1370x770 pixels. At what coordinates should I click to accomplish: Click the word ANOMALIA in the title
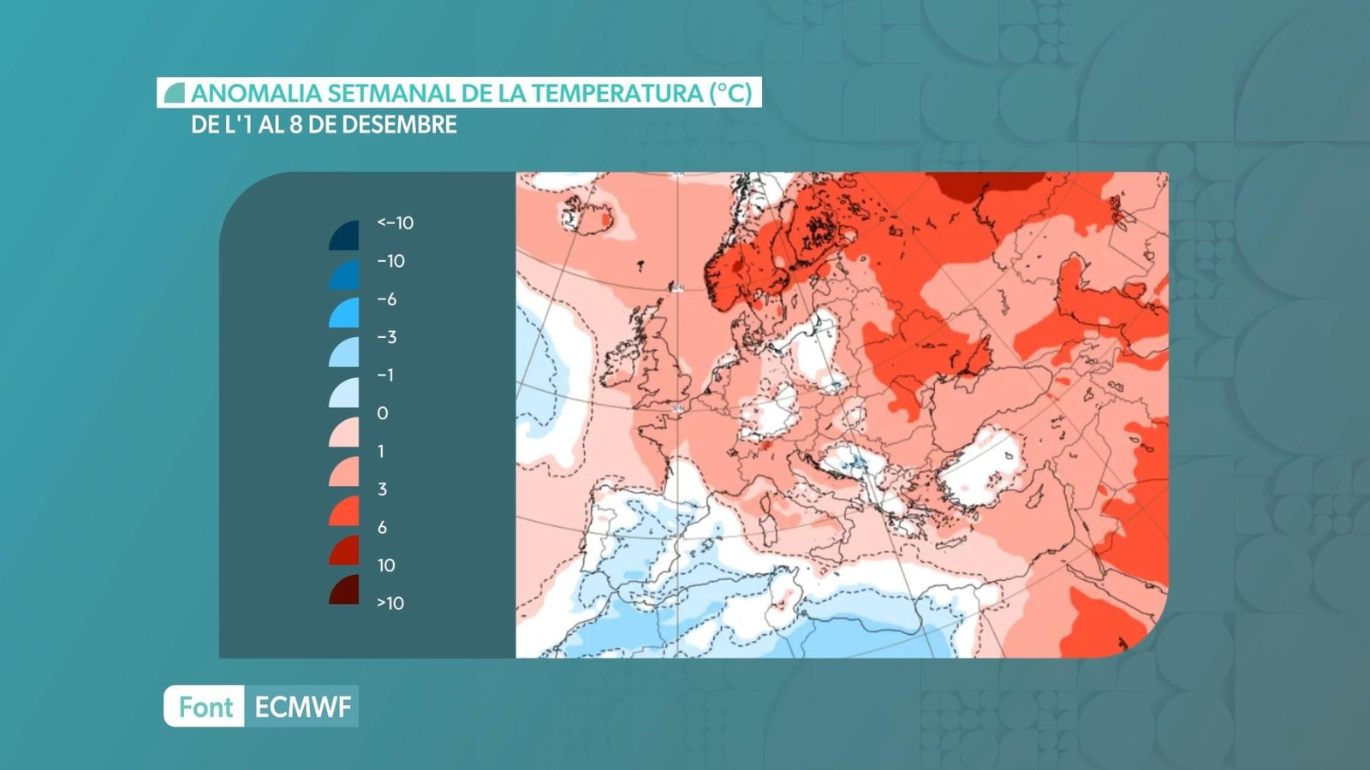tap(255, 93)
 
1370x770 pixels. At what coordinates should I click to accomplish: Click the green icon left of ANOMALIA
tap(175, 93)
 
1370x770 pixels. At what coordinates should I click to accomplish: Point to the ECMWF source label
tap(302, 707)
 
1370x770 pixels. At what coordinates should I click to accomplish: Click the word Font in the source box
tap(205, 707)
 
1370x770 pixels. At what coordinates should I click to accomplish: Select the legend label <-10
tap(395, 223)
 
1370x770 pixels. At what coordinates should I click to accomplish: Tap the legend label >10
tap(390, 603)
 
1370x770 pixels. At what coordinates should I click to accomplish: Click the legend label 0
tap(382, 413)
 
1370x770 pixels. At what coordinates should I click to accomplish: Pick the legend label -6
tap(386, 299)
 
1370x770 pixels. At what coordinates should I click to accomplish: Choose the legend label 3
tap(382, 489)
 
